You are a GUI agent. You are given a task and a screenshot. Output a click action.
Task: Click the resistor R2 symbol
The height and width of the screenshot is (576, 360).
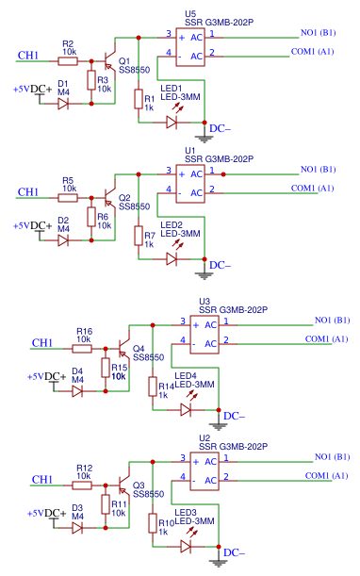pos(68,61)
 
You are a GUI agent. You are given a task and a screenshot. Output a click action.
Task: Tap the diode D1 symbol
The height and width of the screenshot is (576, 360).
pos(63,103)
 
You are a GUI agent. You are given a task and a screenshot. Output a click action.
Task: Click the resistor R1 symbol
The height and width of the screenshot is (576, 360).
pos(139,100)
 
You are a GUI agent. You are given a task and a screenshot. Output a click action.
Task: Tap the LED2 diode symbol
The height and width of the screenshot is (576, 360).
pos(172,258)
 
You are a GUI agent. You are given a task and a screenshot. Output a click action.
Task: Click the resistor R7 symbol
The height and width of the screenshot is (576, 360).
pos(139,237)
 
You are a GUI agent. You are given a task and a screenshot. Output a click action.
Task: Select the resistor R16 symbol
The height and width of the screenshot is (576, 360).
pos(83,348)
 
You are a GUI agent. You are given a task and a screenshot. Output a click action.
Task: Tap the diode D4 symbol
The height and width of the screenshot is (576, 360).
pos(78,389)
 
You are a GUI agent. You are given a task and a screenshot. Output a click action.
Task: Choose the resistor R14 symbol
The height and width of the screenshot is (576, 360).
pos(153,387)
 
